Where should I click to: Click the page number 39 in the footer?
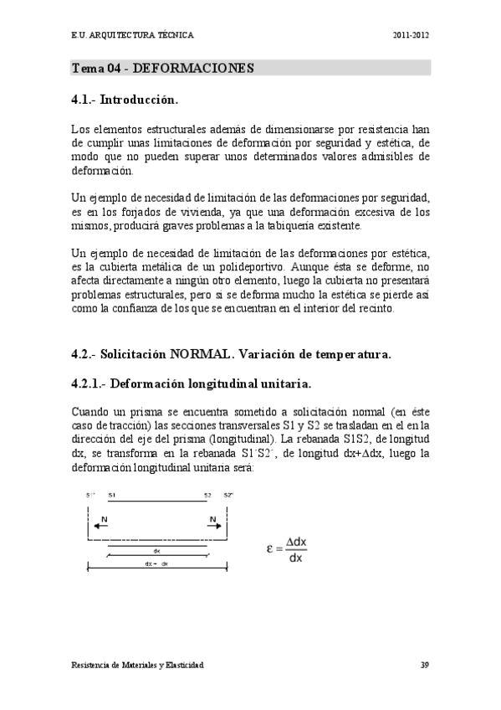[425, 664]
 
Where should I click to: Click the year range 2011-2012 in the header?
[412, 36]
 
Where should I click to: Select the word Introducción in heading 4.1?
[141, 100]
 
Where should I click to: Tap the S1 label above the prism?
[112, 496]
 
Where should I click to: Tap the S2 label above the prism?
[207, 496]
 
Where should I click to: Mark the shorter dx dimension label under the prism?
[156, 550]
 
